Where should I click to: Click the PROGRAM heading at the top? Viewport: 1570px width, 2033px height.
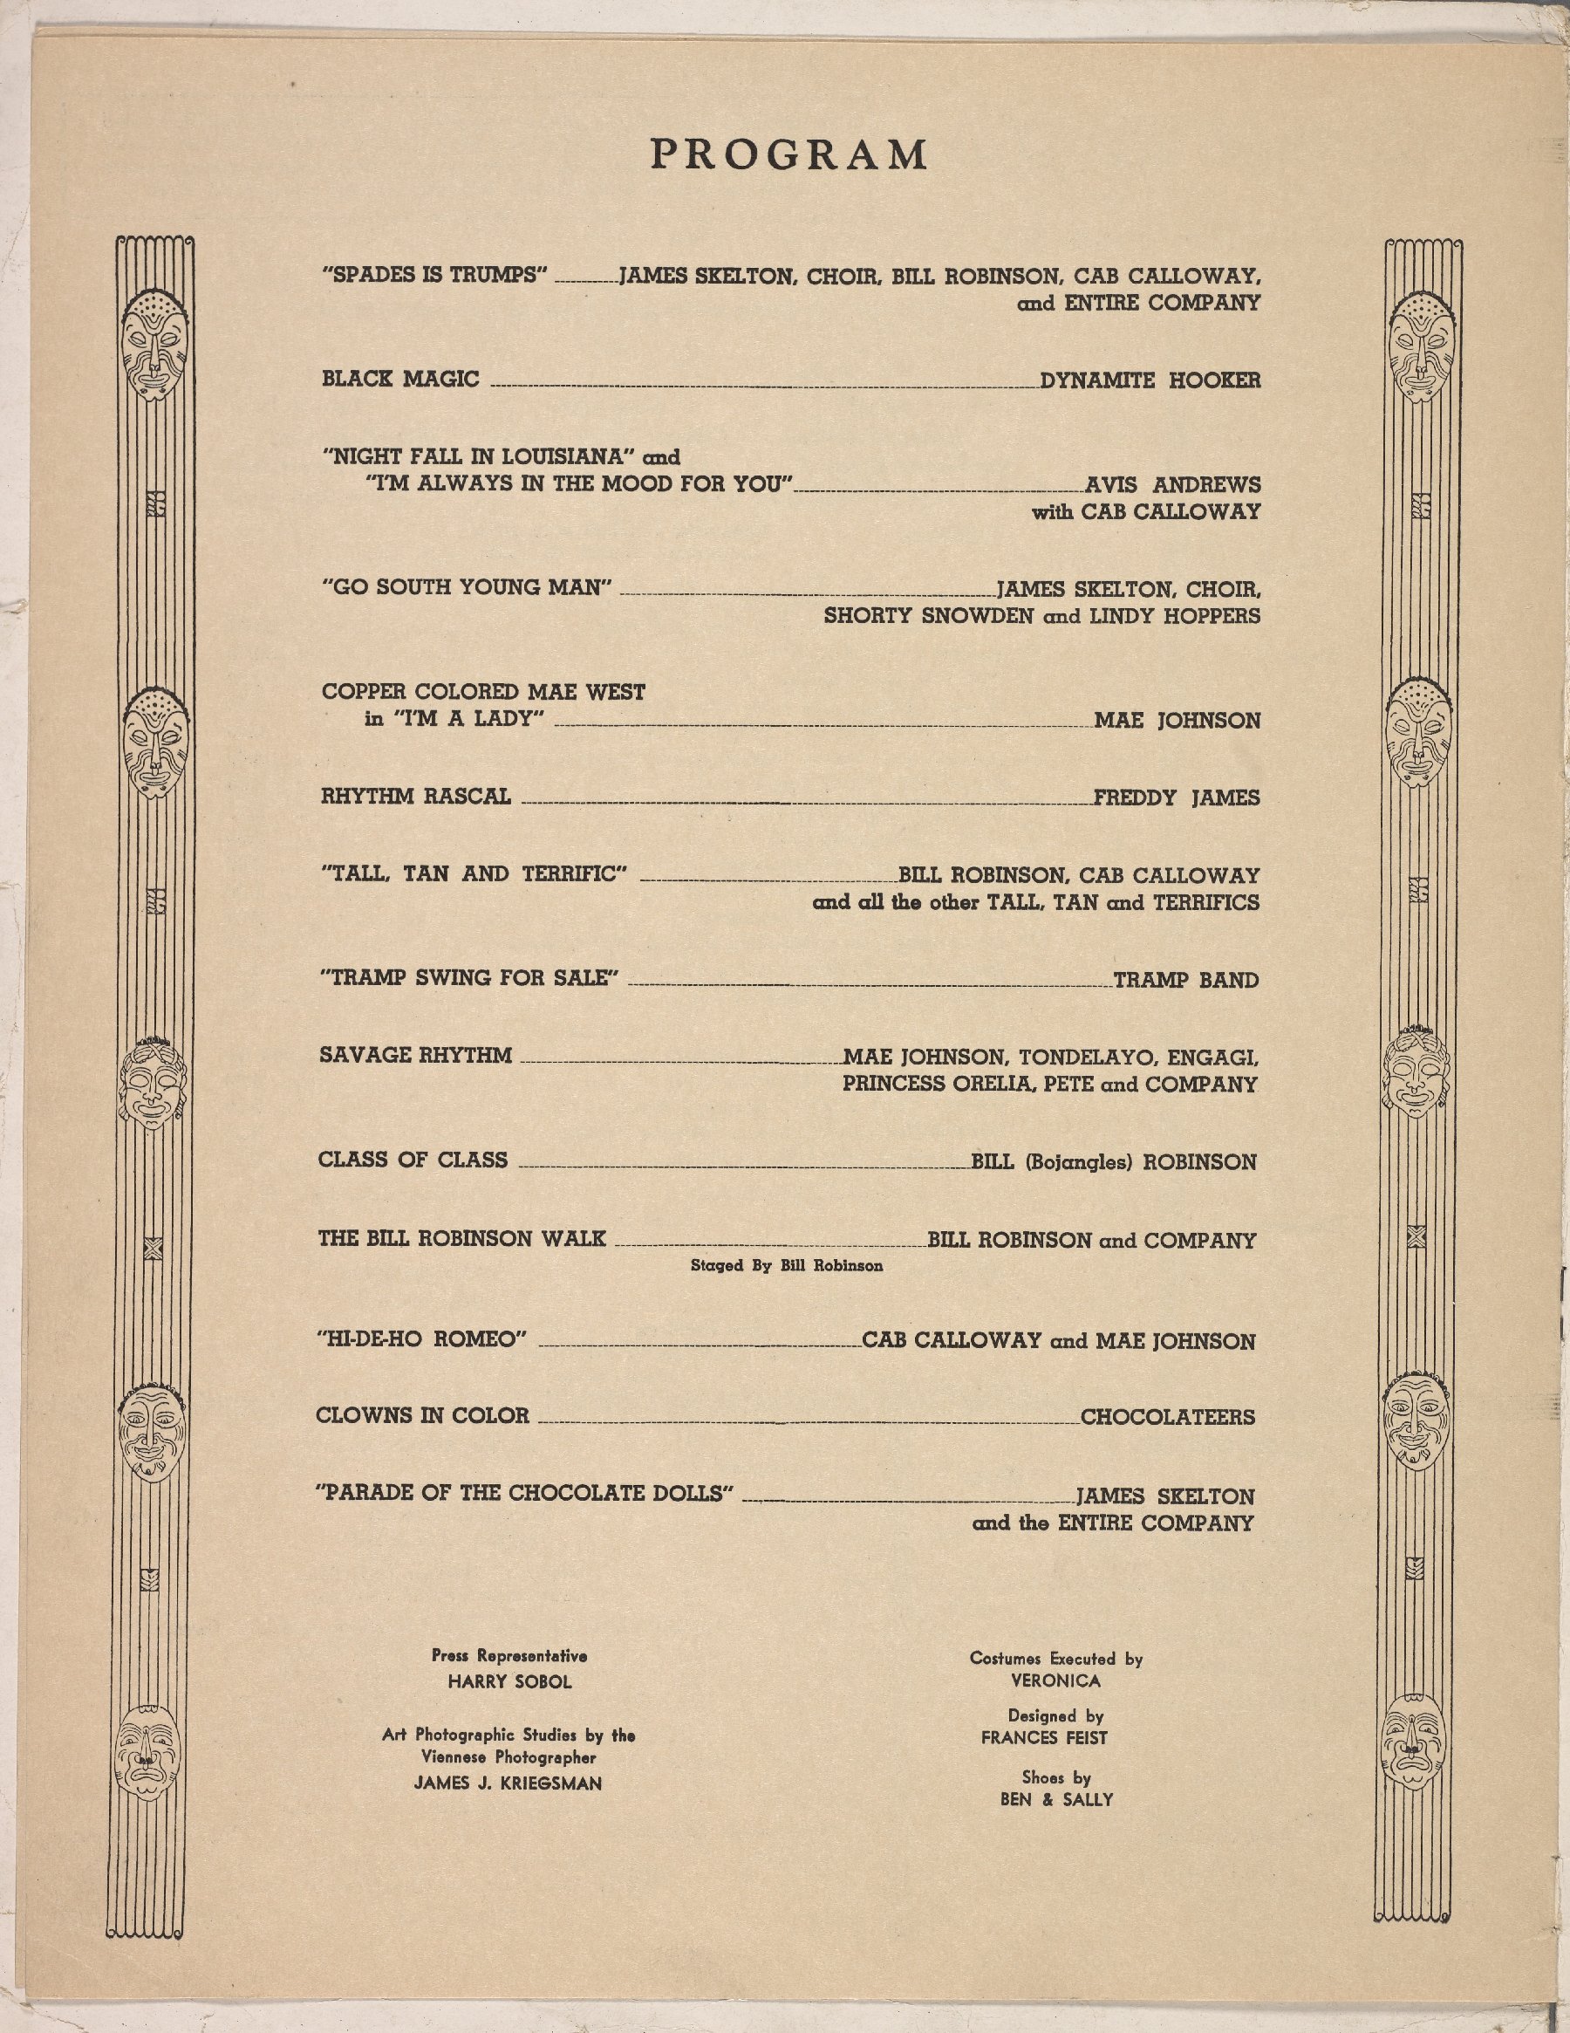[788, 154]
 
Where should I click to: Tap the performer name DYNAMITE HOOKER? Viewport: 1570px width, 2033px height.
[1150, 380]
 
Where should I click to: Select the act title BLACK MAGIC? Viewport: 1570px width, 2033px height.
[400, 379]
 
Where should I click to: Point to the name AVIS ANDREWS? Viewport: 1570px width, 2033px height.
[1172, 485]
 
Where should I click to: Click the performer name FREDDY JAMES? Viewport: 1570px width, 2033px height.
[1177, 797]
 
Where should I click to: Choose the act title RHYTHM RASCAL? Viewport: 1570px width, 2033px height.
[416, 797]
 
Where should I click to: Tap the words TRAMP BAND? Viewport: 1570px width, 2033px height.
[1185, 980]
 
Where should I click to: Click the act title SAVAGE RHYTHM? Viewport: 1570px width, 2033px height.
[415, 1056]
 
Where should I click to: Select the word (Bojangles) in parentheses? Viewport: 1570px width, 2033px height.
[1078, 1162]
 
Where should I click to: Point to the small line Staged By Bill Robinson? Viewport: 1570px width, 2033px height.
[787, 1266]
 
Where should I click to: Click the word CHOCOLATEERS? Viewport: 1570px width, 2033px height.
[1167, 1418]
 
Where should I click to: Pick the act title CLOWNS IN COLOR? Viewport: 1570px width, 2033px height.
[422, 1416]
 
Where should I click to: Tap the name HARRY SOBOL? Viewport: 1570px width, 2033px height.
[509, 1682]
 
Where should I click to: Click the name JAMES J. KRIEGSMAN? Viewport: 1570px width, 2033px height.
[509, 1783]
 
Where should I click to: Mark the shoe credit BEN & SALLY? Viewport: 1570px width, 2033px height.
[1056, 1799]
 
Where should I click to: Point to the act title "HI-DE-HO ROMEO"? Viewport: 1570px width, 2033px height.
[422, 1339]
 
